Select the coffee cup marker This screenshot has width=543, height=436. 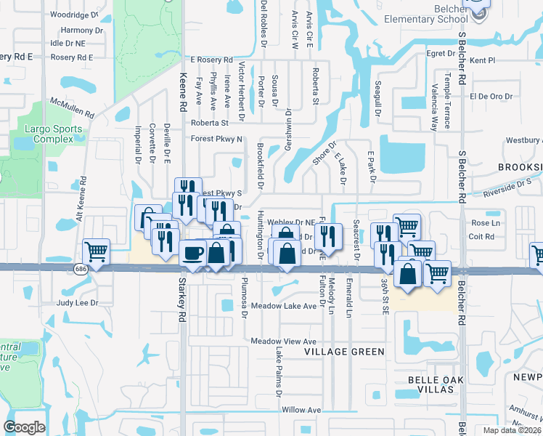tap(192, 252)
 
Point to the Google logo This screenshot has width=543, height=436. tap(25, 427)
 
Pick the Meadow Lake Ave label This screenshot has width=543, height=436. tap(284, 306)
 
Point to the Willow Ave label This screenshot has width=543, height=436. tap(301, 410)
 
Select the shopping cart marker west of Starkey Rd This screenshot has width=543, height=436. tap(97, 251)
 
